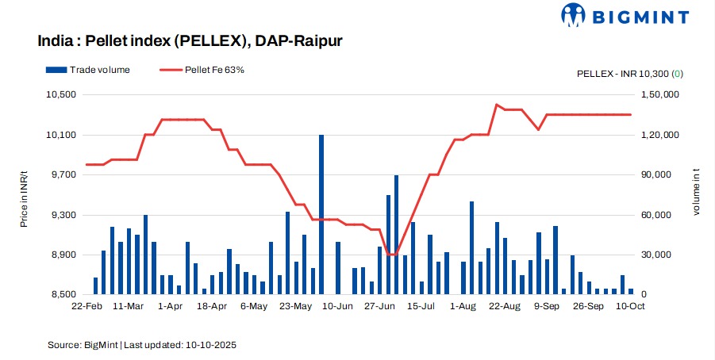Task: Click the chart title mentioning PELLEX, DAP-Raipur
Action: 190,40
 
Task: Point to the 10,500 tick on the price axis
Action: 62,94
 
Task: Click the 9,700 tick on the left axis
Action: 63,174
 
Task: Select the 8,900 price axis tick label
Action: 63,255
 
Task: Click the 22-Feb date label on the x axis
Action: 86,305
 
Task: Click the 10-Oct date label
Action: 630,305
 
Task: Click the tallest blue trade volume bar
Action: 321,214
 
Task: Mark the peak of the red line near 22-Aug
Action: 497,105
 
